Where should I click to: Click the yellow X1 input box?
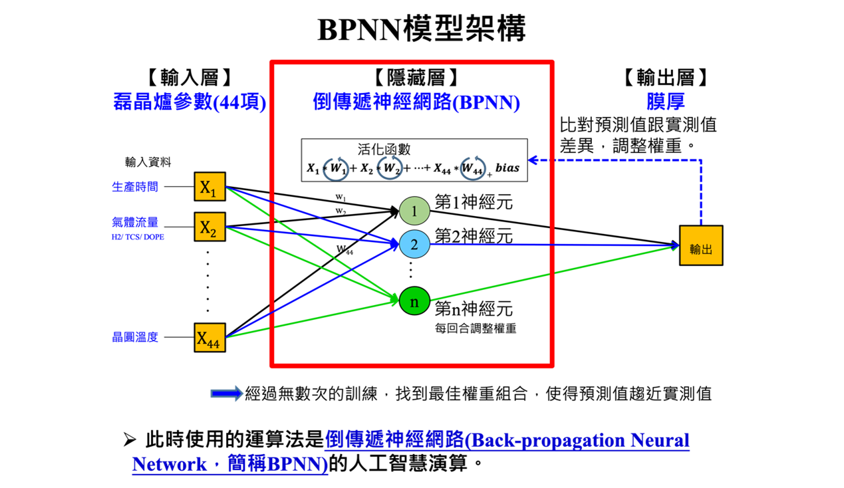pyautogui.click(x=210, y=186)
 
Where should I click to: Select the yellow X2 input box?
pyautogui.click(x=210, y=227)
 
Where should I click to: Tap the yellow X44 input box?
pyautogui.click(x=210, y=338)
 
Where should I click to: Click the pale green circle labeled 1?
pyautogui.click(x=414, y=211)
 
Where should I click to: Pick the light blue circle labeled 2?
pyautogui.click(x=414, y=245)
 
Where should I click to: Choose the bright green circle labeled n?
pyautogui.click(x=414, y=301)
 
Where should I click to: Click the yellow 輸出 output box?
pyautogui.click(x=700, y=245)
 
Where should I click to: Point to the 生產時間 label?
pyautogui.click(x=135, y=187)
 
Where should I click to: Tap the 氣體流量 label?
pyautogui.click(x=135, y=223)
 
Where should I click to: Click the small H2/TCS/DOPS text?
pyautogui.click(x=138, y=237)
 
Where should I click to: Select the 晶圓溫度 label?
pyautogui.click(x=135, y=337)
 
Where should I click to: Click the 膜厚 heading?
pyautogui.click(x=666, y=102)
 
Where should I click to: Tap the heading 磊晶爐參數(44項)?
pyautogui.click(x=190, y=102)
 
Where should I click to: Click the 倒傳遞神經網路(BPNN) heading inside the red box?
pyautogui.click(x=416, y=102)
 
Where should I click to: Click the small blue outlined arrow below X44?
pyautogui.click(x=227, y=394)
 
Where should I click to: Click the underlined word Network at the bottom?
pyautogui.click(x=169, y=464)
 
